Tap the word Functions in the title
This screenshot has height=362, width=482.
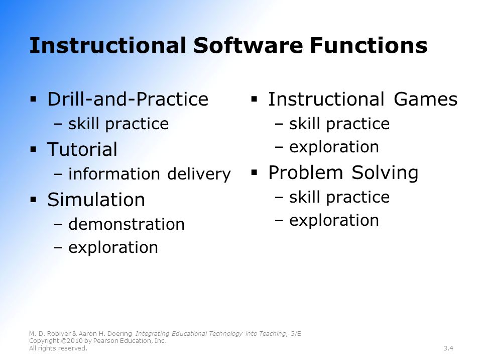(369, 45)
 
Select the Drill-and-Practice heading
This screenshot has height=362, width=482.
(128, 99)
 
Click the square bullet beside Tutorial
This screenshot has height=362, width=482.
(34, 150)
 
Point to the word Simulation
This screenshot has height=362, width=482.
(96, 200)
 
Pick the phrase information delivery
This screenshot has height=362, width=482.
(150, 174)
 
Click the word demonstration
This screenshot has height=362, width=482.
(127, 224)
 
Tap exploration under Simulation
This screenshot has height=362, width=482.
(113, 247)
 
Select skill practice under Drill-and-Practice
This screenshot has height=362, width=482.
(118, 124)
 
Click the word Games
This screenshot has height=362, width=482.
(425, 99)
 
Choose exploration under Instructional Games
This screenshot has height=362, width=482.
(334, 147)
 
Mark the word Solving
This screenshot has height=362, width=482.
(385, 172)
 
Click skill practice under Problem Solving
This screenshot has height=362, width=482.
(339, 197)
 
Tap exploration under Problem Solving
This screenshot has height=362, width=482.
(334, 220)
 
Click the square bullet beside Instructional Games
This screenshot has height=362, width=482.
(254, 99)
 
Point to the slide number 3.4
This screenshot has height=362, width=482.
(448, 348)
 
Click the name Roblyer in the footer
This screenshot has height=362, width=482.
(58, 334)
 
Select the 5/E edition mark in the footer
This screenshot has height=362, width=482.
(296, 334)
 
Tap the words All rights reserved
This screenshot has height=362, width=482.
(58, 348)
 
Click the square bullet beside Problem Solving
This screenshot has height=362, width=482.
(254, 172)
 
